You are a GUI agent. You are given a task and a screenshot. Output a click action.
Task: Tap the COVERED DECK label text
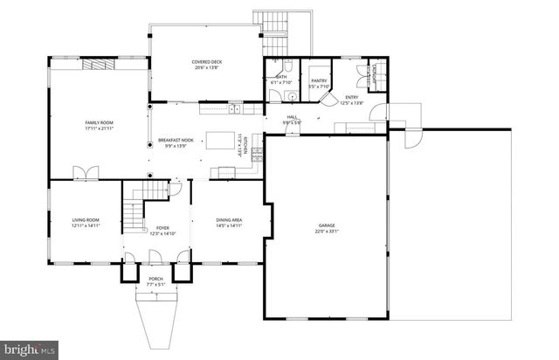(208, 61)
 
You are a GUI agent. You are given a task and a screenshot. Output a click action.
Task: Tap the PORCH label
(155, 279)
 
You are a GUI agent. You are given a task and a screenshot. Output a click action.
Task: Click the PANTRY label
(318, 80)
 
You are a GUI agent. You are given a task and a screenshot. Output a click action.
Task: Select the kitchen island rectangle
(222, 141)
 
